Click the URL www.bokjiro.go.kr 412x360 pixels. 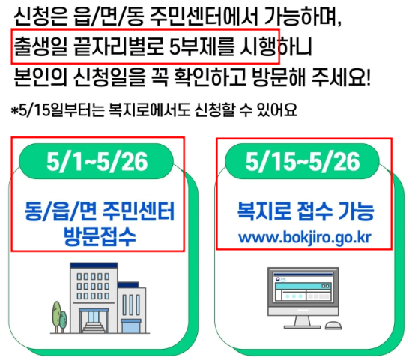[x=304, y=238]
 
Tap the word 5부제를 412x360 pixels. [x=196, y=47]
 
